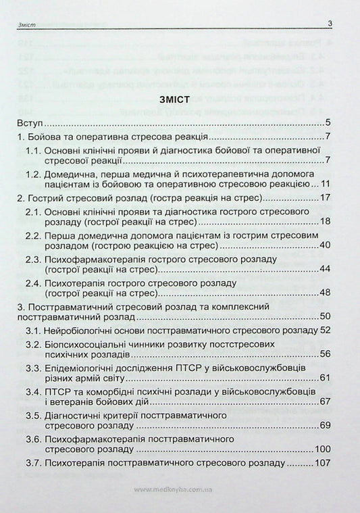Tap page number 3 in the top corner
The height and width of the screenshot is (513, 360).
pos(329,25)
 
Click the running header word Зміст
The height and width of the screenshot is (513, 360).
pos(24,26)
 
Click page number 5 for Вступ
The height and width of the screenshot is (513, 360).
pos(327,123)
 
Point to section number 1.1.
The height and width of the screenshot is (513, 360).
pos(35,151)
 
